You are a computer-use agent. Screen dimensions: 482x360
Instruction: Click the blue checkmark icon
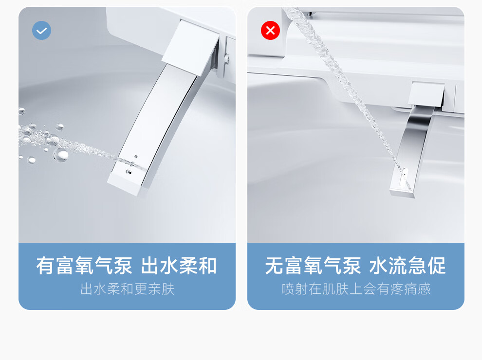point(41,31)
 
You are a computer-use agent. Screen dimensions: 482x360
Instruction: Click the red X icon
point(270,31)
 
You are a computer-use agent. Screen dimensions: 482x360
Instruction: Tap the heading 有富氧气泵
point(84,266)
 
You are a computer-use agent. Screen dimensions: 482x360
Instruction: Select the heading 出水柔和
point(179,266)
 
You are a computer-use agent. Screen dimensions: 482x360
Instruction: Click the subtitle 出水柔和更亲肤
point(127,289)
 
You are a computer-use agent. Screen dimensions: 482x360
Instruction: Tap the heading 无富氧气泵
point(313,266)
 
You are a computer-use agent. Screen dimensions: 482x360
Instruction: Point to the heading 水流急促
point(408,266)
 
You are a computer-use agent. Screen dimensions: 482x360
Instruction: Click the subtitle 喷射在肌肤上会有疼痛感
point(356,289)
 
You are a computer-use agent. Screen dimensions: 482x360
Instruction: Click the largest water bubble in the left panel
point(60,155)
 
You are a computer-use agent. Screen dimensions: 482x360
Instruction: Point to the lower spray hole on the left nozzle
point(129,172)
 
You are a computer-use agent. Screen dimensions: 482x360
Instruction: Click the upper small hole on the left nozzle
point(136,157)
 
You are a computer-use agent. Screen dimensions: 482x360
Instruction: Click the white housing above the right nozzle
point(426,94)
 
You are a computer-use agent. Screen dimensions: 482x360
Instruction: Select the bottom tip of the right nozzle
point(402,194)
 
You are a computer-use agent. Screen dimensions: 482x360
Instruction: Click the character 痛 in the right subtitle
point(410,289)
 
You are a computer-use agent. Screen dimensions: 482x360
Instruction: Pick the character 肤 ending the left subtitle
point(168,289)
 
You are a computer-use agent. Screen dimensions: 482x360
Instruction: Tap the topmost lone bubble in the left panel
point(21,110)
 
